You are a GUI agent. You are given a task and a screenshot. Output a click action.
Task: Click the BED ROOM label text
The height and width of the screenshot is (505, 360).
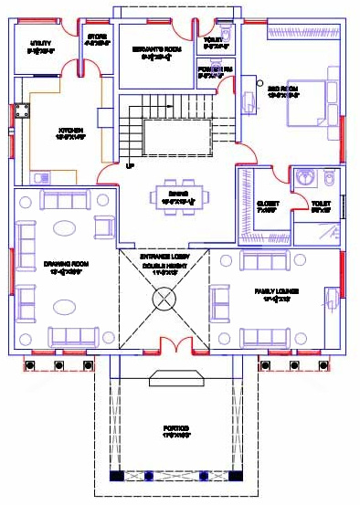point(284,89)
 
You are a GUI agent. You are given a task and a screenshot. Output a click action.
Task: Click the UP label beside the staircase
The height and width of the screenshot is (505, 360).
point(130,165)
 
